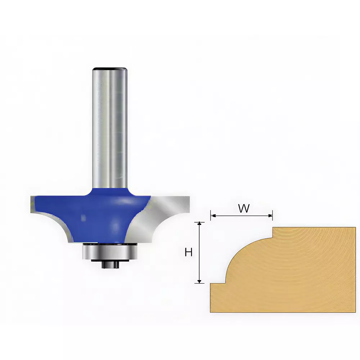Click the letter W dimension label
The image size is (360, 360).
pyautogui.click(x=244, y=208)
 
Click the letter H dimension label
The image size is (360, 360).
pyautogui.click(x=188, y=253)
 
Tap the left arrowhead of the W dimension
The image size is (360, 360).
pyautogui.click(x=213, y=216)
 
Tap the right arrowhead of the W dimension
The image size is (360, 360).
pyautogui.click(x=270, y=216)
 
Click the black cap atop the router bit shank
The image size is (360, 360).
pyautogui.click(x=110, y=69)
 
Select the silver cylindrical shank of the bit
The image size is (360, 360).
pyautogui.click(x=110, y=126)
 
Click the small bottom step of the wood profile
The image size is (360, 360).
pyautogui.click(x=218, y=283)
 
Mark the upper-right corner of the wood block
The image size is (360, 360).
pyautogui.click(x=355, y=228)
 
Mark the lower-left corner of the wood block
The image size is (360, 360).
pyautogui.click(x=211, y=311)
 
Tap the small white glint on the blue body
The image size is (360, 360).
pyautogui.click(x=83, y=218)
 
